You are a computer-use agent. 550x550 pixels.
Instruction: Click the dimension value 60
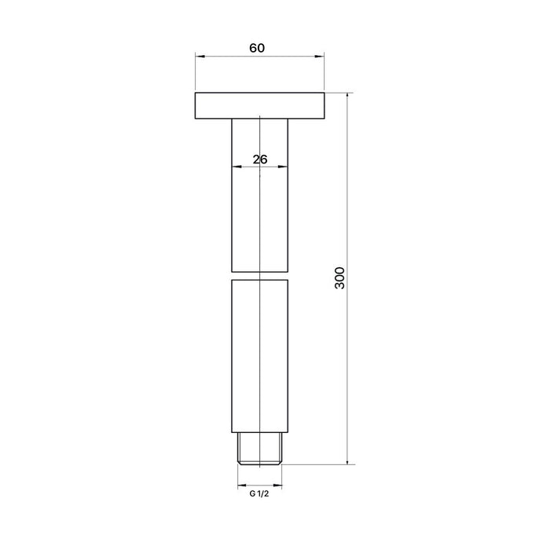[x=257, y=48]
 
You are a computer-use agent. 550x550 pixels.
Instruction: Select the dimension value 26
[x=260, y=159]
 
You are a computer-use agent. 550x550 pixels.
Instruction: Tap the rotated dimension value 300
[x=340, y=278]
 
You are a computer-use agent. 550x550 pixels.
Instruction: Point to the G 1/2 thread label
[x=259, y=494]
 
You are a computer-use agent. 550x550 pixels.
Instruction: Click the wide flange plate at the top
[x=259, y=105]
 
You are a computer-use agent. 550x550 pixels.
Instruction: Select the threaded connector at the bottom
[x=259, y=449]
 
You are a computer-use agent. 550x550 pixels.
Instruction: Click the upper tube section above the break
[x=259, y=195]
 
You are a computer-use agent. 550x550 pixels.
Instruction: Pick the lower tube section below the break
[x=259, y=356]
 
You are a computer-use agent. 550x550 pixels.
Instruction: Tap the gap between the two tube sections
[x=259, y=276]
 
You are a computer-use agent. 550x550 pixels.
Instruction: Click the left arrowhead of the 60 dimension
[x=200, y=56]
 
